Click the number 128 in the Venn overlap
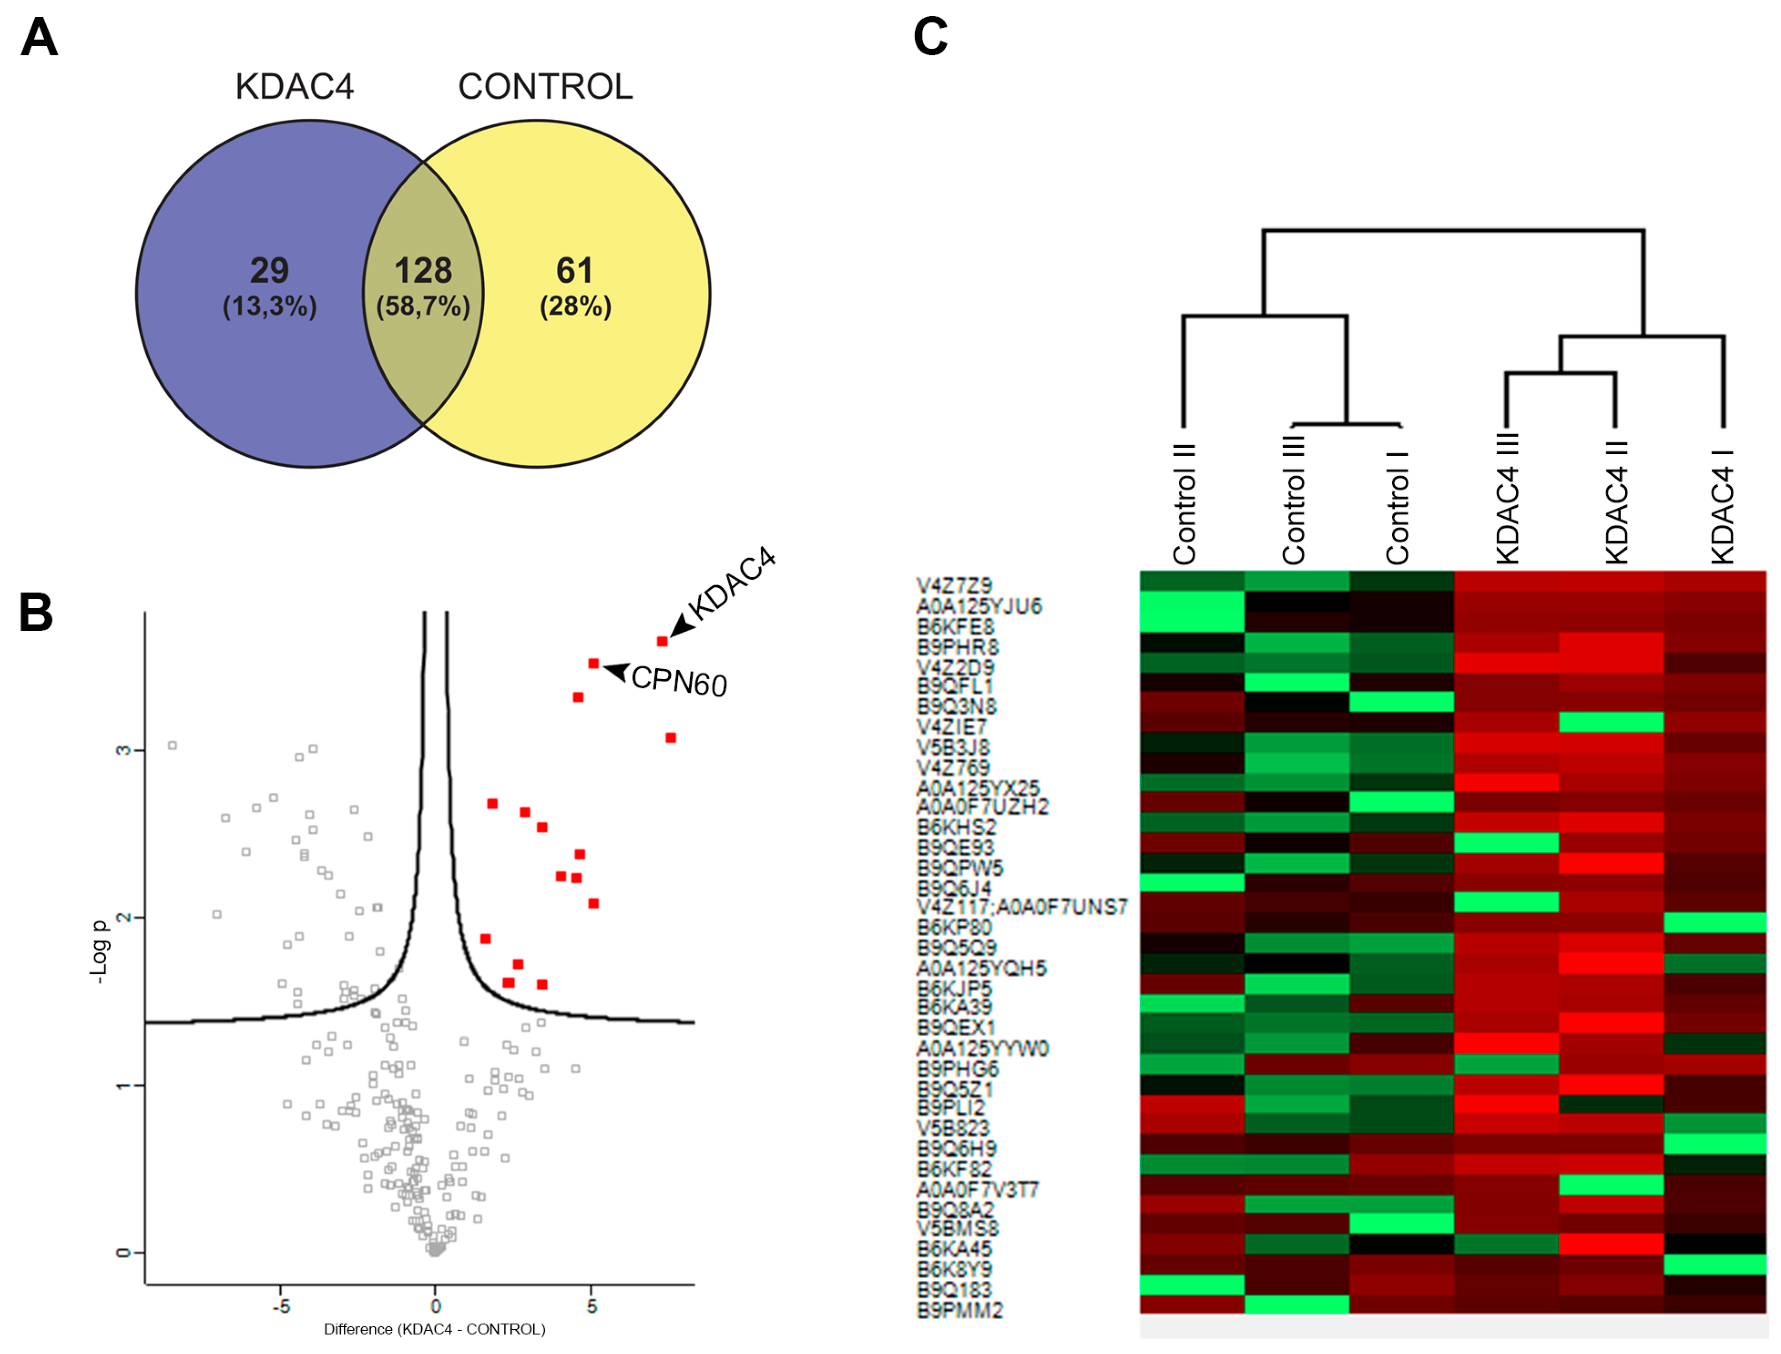(x=423, y=271)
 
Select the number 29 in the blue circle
(x=269, y=271)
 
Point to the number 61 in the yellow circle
(x=574, y=271)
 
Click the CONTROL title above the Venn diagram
(x=546, y=87)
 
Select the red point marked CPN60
(x=594, y=663)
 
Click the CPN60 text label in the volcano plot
(x=679, y=682)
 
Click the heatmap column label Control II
(x=1184, y=504)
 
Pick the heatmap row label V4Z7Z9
(x=954, y=586)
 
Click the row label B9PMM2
(x=959, y=1310)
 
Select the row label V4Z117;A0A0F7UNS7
(x=1022, y=907)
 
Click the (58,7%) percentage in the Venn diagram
(x=423, y=306)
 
